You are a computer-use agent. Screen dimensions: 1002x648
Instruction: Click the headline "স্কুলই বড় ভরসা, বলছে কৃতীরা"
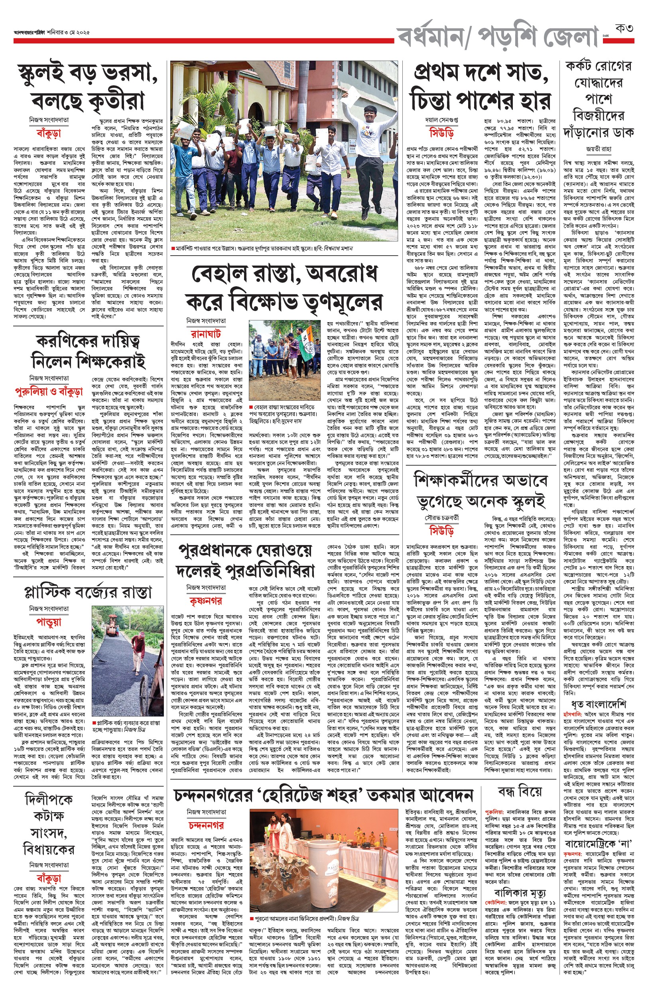tap(87, 87)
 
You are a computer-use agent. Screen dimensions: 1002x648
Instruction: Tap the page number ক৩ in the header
tap(624, 29)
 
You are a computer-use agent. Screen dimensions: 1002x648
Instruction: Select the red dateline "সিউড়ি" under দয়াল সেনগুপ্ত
tap(441, 133)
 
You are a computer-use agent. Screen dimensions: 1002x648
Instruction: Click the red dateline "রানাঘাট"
tap(206, 334)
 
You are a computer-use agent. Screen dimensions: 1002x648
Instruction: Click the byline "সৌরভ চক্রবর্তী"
tap(441, 518)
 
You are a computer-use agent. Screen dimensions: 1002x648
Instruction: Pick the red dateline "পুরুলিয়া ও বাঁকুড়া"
tap(49, 391)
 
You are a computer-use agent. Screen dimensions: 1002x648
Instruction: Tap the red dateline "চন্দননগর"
tap(206, 825)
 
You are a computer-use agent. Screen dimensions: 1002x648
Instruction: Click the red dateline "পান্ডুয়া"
tap(49, 622)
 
